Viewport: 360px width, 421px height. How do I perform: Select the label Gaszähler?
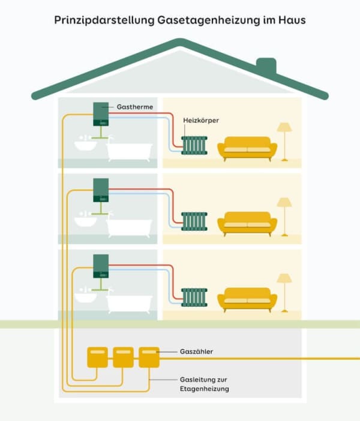[x=196, y=351]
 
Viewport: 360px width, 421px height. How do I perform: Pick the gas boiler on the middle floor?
[x=100, y=190]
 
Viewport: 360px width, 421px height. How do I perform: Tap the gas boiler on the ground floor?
[x=100, y=267]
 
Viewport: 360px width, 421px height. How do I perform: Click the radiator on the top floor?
[x=194, y=145]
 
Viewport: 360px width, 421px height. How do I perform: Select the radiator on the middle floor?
[x=194, y=221]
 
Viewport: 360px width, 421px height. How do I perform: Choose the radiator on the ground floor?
[x=194, y=297]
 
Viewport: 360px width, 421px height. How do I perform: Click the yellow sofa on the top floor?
[x=247, y=148]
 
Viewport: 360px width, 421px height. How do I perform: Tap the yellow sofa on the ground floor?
[x=247, y=299]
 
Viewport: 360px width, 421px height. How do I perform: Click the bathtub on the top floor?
[x=129, y=151]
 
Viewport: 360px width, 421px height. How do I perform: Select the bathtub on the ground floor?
[x=129, y=303]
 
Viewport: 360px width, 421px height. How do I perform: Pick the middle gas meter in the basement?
[x=123, y=357]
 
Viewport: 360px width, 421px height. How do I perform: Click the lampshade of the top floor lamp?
[x=284, y=127]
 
